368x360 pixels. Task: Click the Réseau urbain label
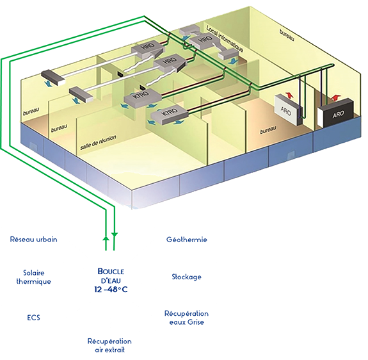33,240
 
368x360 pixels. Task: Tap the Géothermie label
187,240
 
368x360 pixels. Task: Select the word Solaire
34,273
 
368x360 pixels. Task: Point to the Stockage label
187,277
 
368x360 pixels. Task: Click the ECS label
33,318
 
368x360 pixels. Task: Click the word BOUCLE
111,272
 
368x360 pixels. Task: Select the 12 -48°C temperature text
111,290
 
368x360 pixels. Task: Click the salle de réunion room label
98,142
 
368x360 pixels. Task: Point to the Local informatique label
225,39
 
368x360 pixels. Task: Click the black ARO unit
336,112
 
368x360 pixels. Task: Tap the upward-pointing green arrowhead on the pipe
106,238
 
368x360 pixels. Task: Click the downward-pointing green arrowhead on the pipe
115,234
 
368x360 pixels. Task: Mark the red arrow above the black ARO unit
335,97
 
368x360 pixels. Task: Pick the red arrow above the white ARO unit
289,95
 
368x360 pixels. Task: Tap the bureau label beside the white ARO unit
268,130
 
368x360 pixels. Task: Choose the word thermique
33,281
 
